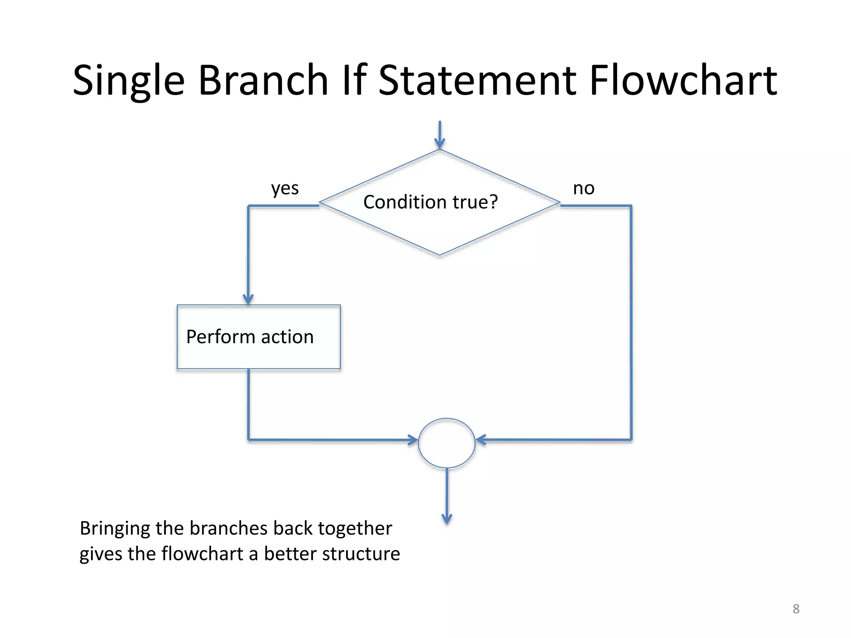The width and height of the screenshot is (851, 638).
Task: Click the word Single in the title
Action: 128,81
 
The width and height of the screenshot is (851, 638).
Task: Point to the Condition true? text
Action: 430,202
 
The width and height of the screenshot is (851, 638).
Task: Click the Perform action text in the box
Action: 250,337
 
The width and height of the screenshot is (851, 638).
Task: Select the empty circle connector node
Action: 446,443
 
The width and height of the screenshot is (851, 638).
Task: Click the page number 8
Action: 796,609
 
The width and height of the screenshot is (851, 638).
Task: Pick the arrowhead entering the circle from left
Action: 413,440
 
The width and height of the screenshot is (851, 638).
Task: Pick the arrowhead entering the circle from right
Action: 481,439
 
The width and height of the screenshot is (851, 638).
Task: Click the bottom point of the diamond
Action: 440,255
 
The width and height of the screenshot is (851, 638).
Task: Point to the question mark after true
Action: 493,202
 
